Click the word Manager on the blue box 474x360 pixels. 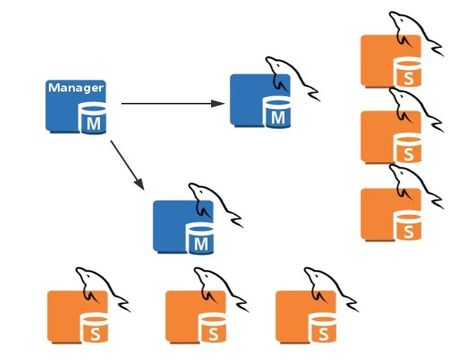point(76,88)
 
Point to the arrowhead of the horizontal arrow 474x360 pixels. point(219,104)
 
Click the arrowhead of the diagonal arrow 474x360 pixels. point(140,185)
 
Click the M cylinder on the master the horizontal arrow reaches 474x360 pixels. point(277,113)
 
